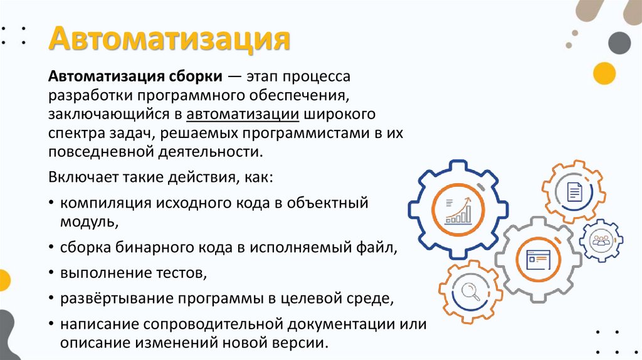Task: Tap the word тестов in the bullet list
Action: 181,273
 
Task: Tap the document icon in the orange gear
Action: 574,191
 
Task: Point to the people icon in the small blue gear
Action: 601,240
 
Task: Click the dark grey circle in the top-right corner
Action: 619,42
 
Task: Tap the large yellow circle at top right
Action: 605,73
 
